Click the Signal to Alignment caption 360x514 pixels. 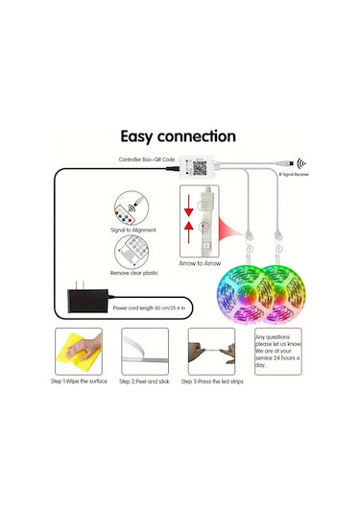pos(134,231)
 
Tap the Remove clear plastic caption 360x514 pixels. pos(134,274)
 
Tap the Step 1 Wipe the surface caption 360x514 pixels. pos(79,381)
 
